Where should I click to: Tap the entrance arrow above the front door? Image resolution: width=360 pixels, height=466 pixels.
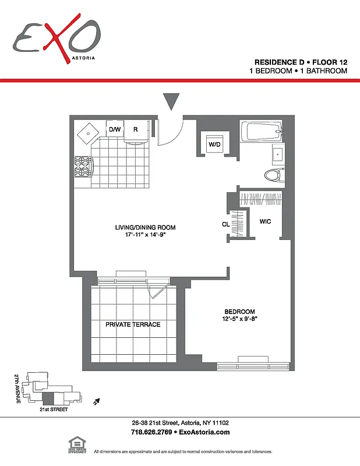click(x=170, y=101)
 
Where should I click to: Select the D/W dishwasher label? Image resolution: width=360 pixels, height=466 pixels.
click(x=114, y=129)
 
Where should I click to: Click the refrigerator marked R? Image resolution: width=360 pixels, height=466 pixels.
click(x=135, y=129)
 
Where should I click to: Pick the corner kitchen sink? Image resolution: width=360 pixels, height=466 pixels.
click(x=88, y=133)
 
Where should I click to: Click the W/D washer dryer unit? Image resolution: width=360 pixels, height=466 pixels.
click(x=214, y=143)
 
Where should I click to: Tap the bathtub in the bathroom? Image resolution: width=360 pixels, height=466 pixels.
click(x=261, y=131)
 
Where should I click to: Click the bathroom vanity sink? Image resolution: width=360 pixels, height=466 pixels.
click(x=277, y=154)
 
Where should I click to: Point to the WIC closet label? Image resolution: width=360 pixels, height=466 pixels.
click(x=265, y=221)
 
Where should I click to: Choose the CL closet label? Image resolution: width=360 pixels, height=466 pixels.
click(x=225, y=224)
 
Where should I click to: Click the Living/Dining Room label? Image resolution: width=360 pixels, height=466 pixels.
click(x=145, y=228)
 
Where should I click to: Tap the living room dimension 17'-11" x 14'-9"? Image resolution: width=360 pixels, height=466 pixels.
click(x=145, y=235)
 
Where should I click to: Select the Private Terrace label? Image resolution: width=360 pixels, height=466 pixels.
click(x=133, y=324)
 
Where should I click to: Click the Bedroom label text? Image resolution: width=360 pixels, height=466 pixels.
click(x=240, y=312)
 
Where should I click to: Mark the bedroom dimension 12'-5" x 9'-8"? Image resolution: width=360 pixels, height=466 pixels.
click(x=240, y=319)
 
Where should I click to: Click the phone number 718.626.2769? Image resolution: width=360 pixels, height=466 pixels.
click(x=151, y=432)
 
